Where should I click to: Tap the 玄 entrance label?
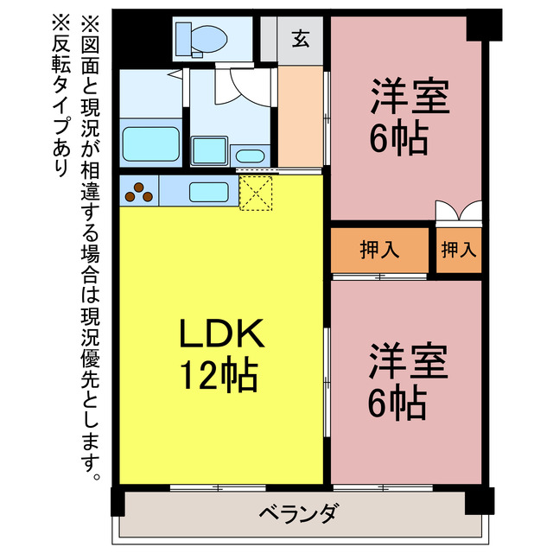pyautogui.click(x=301, y=39)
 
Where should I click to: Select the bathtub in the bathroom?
pyautogui.click(x=149, y=144)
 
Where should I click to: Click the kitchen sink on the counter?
pyautogui.click(x=208, y=192)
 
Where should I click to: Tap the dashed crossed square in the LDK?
pyautogui.click(x=256, y=193)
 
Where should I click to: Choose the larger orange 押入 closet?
pyautogui.click(x=380, y=251)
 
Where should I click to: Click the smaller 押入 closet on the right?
pyautogui.click(x=458, y=251)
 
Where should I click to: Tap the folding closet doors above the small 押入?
pyautogui.click(x=458, y=212)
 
